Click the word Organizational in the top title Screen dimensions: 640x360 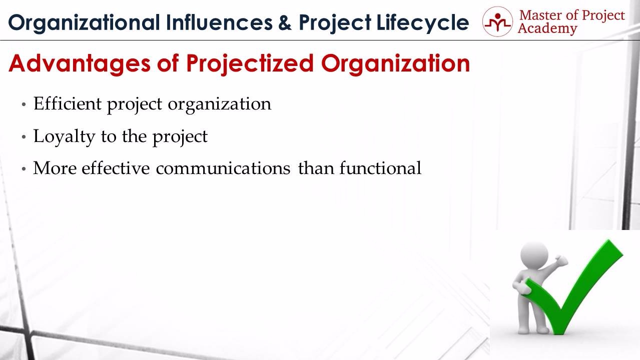click(x=84, y=23)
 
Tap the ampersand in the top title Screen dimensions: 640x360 click(x=285, y=22)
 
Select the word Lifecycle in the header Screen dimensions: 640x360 click(x=423, y=23)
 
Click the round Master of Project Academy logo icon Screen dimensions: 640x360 click(x=497, y=21)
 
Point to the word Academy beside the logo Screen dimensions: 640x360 click(x=547, y=29)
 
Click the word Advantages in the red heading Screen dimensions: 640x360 click(x=80, y=64)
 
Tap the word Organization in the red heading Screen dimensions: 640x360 click(x=395, y=64)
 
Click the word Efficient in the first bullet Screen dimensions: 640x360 click(x=68, y=103)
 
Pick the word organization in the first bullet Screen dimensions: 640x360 click(x=220, y=104)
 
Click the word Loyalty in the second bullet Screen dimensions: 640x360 click(x=64, y=136)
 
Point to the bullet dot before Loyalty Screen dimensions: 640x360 click(x=24, y=136)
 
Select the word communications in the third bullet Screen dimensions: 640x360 click(x=223, y=168)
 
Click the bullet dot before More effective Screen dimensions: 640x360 click(x=24, y=168)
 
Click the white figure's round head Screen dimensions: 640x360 click(x=534, y=254)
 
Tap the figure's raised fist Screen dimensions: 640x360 click(x=560, y=260)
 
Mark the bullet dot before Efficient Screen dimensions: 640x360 click(x=24, y=104)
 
